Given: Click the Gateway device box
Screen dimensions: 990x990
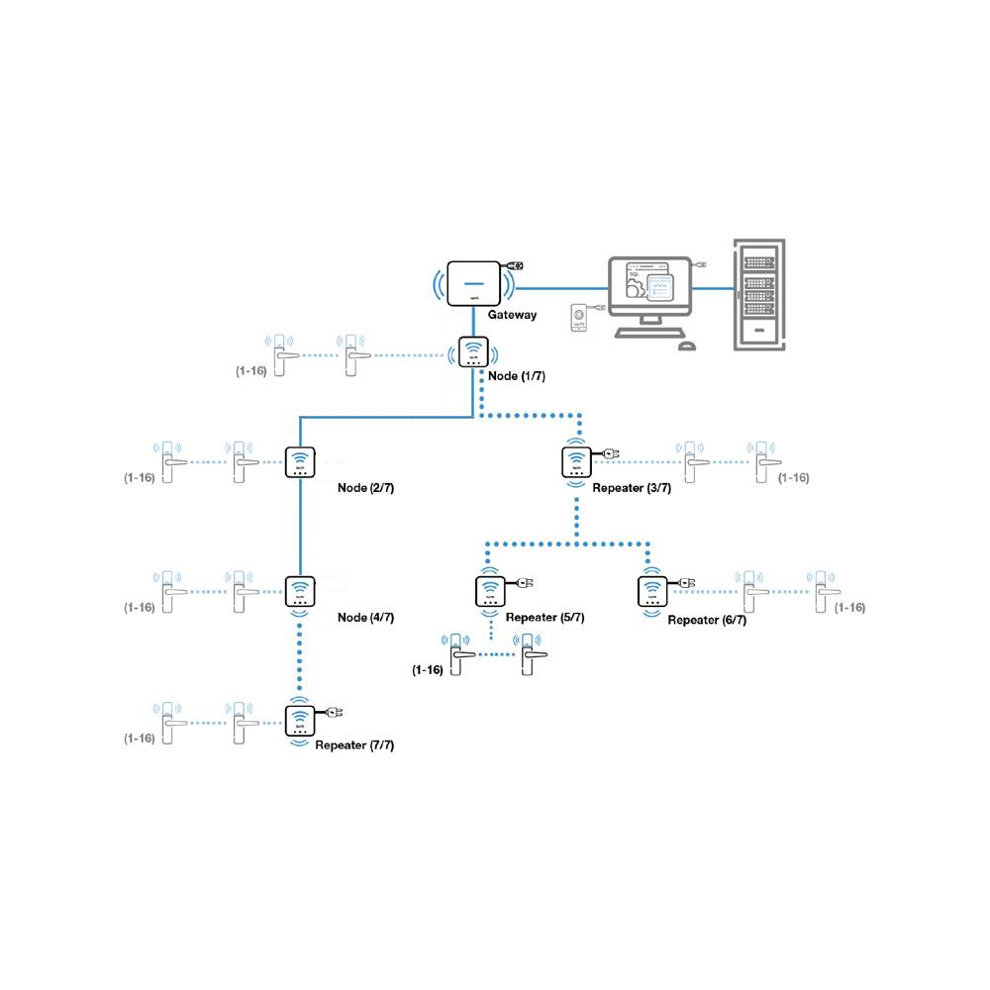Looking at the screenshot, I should click(x=472, y=283).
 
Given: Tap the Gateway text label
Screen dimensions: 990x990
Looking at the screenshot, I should click(x=512, y=315).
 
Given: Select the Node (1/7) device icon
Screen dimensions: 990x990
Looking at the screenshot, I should click(x=473, y=353).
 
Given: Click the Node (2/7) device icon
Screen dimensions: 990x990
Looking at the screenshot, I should click(x=300, y=462).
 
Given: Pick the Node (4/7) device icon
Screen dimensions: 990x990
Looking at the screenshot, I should click(x=300, y=591).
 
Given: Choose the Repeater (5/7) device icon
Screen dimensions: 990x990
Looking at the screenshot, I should click(x=489, y=591).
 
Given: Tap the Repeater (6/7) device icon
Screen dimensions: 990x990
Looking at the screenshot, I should click(x=650, y=591).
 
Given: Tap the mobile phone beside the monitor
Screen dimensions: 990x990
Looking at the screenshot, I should click(x=580, y=319).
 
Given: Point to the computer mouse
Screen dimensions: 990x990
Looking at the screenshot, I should click(x=686, y=346).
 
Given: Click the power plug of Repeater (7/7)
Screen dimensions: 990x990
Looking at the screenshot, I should click(x=334, y=713).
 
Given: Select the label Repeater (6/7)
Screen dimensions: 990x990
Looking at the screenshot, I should click(x=707, y=620).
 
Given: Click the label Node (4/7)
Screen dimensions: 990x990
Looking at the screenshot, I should click(x=365, y=618).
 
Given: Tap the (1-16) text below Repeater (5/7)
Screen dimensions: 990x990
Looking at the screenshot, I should click(x=427, y=670).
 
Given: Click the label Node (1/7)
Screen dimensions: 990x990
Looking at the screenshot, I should click(x=516, y=376).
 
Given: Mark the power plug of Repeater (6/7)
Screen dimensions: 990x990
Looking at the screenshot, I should click(x=684, y=584).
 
